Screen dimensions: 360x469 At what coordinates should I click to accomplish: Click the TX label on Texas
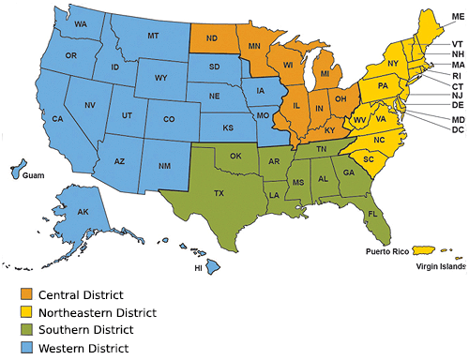[219, 194]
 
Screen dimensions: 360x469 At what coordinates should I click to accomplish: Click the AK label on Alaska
[83, 213]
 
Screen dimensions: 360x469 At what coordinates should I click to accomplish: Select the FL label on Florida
[372, 214]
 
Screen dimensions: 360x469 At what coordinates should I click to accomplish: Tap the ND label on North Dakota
[213, 39]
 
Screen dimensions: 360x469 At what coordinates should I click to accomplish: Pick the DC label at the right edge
[457, 129]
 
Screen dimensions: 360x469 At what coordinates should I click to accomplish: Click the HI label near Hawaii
[198, 267]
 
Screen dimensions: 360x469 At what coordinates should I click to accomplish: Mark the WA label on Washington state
[82, 22]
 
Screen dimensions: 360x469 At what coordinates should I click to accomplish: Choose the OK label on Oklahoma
[235, 156]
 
